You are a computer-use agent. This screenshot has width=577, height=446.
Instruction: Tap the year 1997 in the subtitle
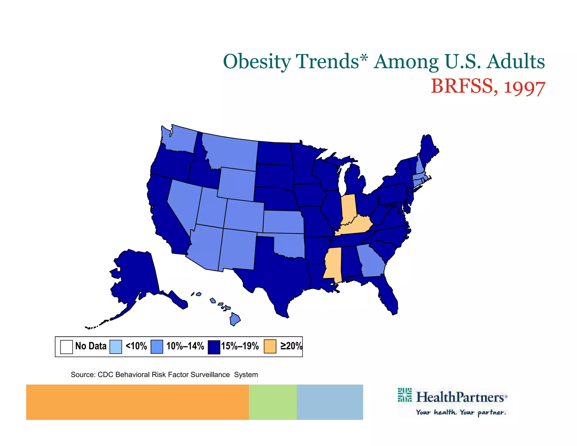(524, 87)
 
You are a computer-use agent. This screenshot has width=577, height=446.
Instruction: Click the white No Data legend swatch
(66, 347)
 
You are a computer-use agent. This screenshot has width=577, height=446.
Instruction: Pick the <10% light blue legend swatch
(116, 347)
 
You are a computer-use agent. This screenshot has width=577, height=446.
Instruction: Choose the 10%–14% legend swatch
(157, 347)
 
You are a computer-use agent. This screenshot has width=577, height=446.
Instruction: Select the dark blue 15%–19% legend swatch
(214, 347)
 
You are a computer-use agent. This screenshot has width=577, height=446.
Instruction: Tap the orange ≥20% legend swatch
(270, 346)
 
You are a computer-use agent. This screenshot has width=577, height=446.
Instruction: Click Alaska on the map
(135, 276)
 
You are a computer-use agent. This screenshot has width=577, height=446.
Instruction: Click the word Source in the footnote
(83, 375)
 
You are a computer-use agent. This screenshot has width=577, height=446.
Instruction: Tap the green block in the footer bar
(272, 402)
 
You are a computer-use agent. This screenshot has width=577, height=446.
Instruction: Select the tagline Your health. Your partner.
(461, 412)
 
